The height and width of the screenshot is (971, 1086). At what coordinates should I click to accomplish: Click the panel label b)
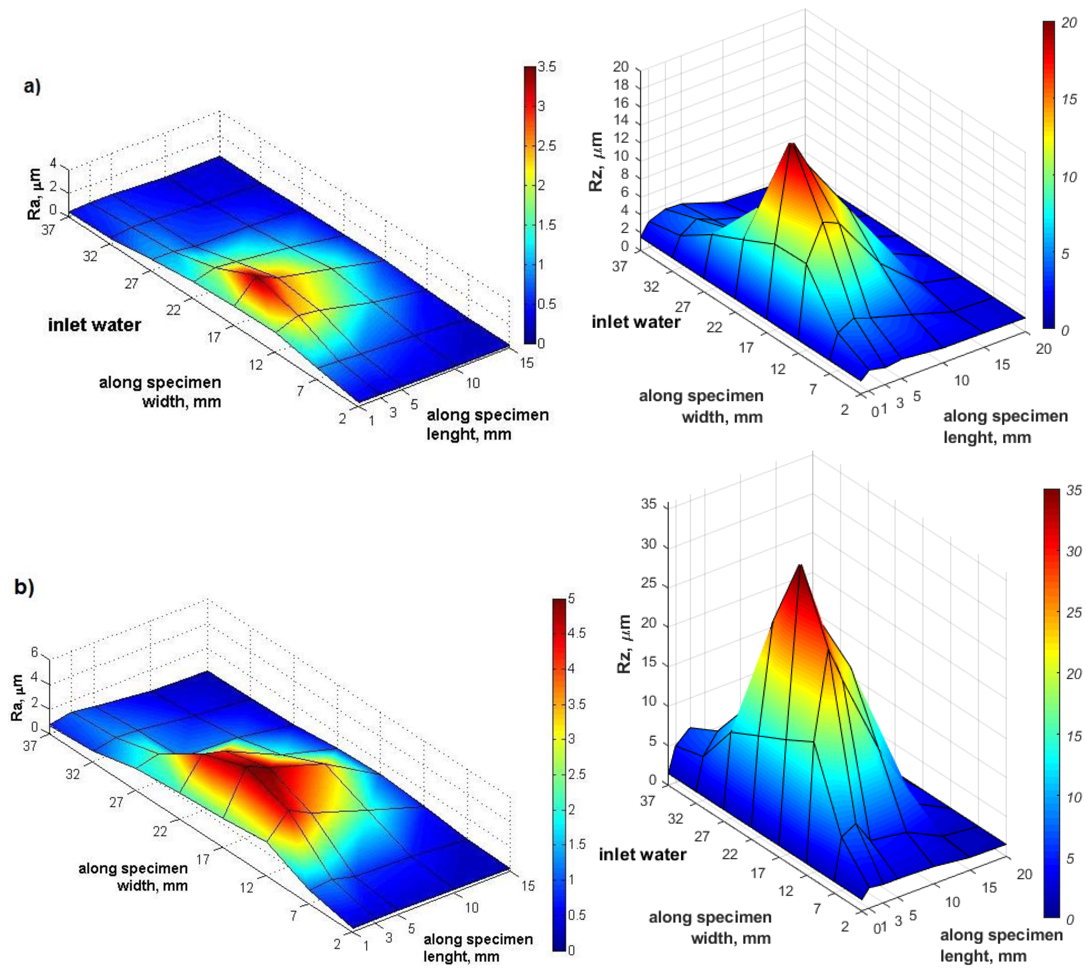click(24, 587)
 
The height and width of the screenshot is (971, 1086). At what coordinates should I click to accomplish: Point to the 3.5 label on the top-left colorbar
click(547, 67)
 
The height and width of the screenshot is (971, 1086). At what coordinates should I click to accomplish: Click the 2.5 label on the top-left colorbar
click(547, 146)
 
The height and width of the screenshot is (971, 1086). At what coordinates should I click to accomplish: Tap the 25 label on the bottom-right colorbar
click(1073, 612)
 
